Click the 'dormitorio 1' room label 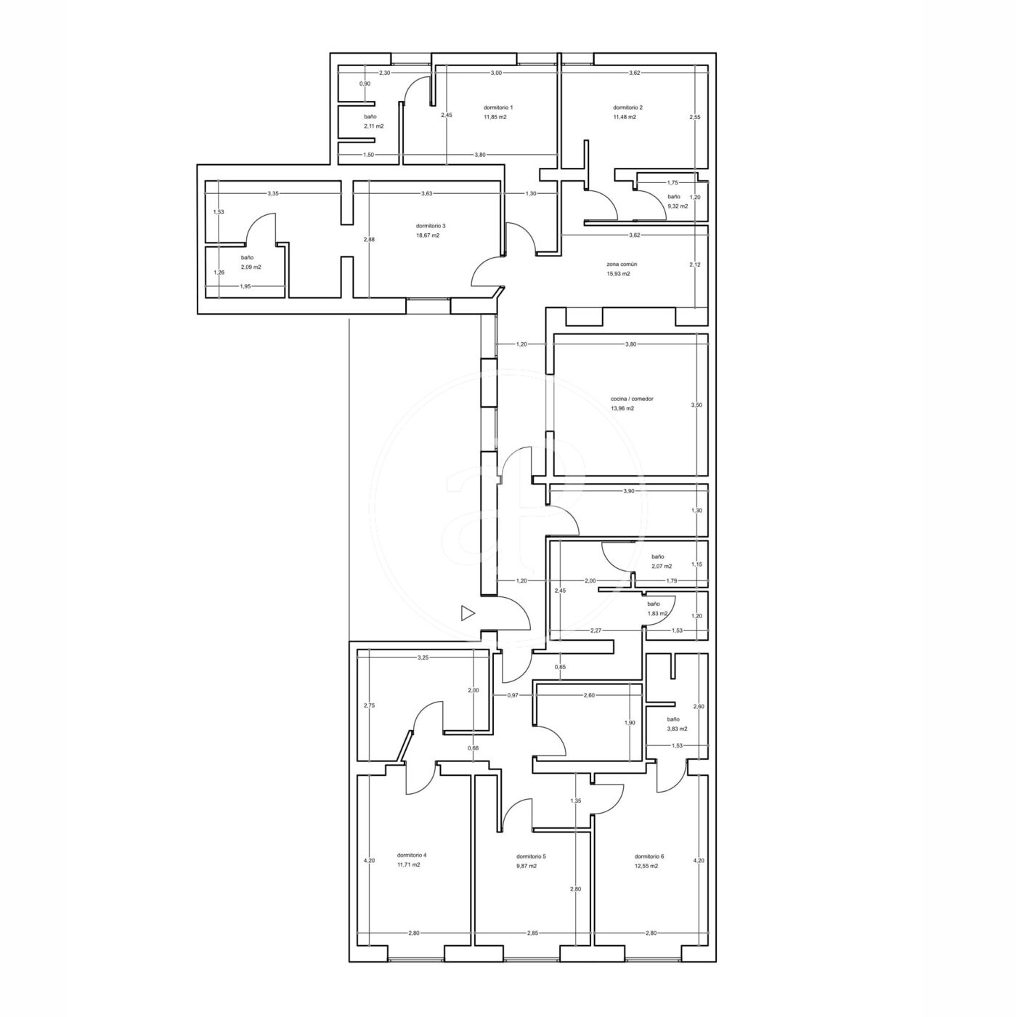click(x=497, y=108)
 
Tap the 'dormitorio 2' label click(x=627, y=108)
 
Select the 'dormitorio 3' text click(x=430, y=226)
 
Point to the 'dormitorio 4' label click(x=411, y=855)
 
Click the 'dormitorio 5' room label click(x=531, y=856)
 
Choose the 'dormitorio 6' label click(x=649, y=856)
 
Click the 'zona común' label click(x=618, y=264)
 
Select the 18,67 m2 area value click(x=428, y=235)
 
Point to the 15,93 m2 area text click(x=618, y=274)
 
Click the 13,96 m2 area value click(x=622, y=408)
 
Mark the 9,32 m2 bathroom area click(x=677, y=206)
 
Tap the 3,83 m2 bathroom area click(x=677, y=729)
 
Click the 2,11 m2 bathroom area click(x=374, y=126)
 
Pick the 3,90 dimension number click(x=629, y=491)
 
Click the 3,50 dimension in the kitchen click(x=696, y=405)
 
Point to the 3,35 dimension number click(x=273, y=194)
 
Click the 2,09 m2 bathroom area click(x=251, y=267)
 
